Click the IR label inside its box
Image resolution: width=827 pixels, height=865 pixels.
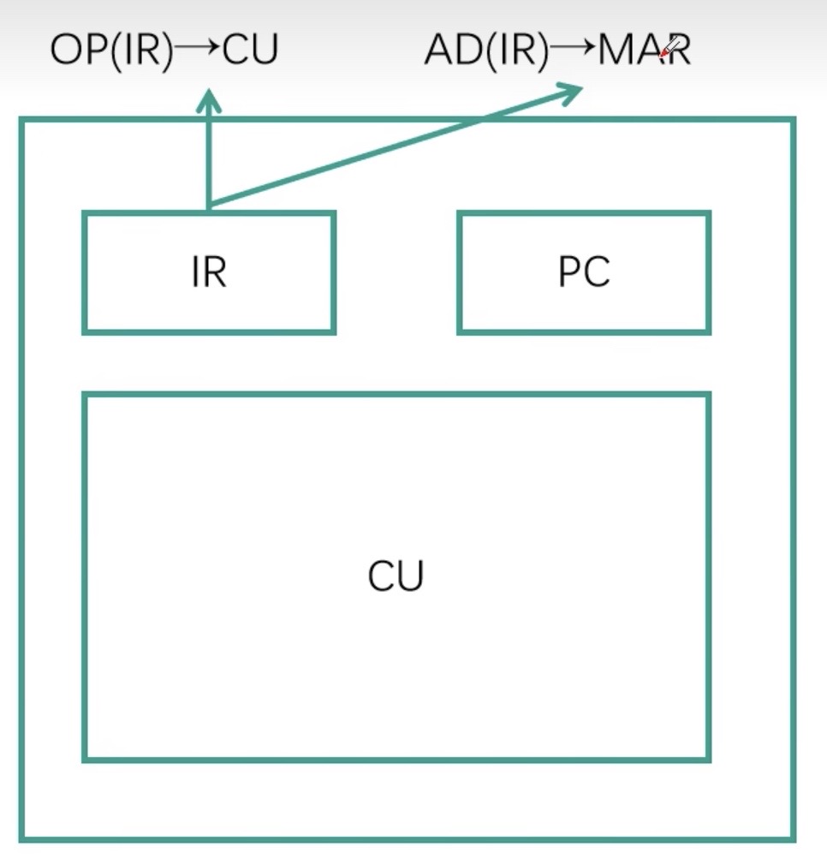[x=209, y=271]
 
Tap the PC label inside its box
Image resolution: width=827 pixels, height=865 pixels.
[x=584, y=271]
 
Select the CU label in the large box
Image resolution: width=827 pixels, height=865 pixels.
[x=396, y=576]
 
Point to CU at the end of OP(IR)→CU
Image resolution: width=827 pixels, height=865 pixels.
[x=251, y=51]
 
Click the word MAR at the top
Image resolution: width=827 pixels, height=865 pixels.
[x=644, y=51]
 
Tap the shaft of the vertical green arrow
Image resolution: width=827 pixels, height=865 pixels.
[x=208, y=158]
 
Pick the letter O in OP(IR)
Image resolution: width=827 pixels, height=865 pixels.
[x=65, y=51]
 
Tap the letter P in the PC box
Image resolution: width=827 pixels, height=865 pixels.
[x=570, y=271]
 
